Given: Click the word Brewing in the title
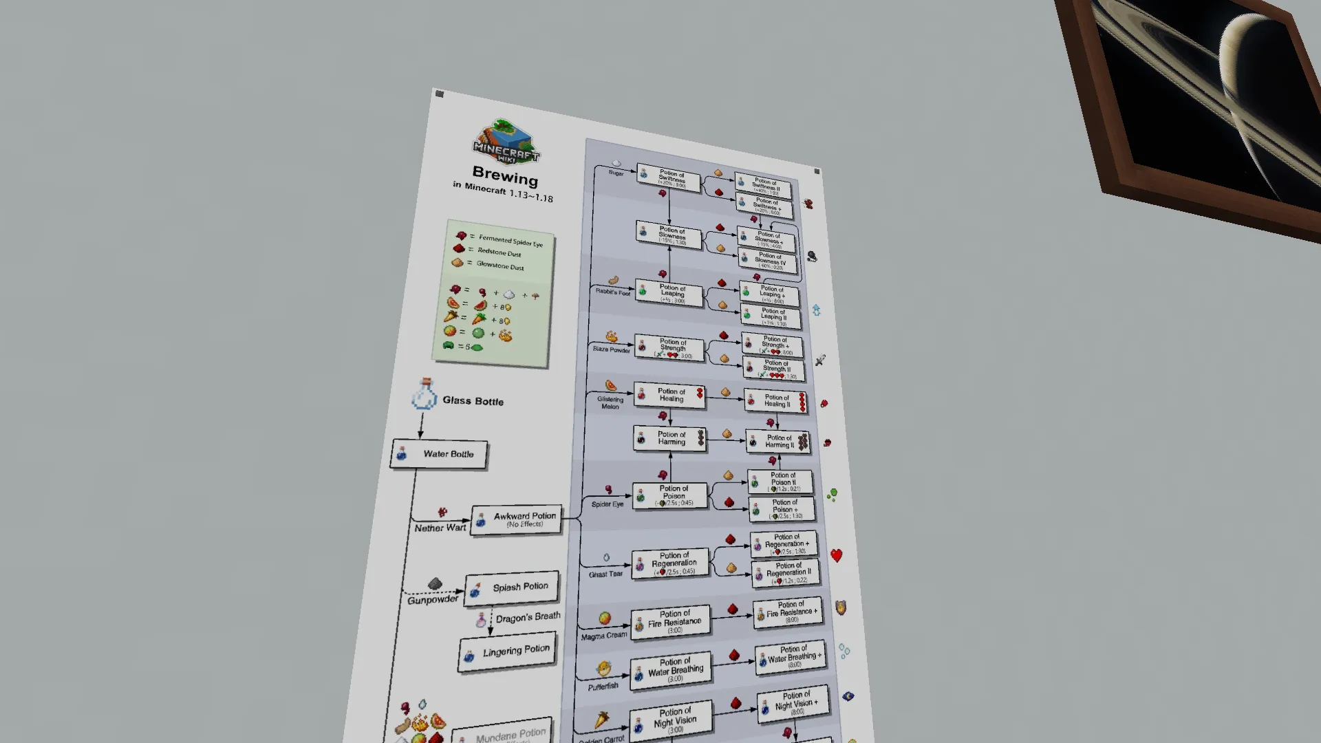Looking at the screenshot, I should [x=505, y=176].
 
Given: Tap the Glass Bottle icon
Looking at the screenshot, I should [x=423, y=395].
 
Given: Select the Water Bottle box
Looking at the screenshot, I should [x=439, y=454].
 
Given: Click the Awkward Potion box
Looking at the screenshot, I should [x=516, y=519].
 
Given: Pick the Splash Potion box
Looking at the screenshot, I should [x=511, y=588].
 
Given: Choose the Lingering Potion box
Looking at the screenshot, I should [x=507, y=652].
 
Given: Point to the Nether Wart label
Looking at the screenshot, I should [x=440, y=528].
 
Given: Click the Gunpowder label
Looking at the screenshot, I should [x=432, y=600].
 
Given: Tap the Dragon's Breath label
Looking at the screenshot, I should [x=528, y=617].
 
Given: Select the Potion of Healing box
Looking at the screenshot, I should [x=669, y=395].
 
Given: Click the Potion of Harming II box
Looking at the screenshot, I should [x=778, y=441].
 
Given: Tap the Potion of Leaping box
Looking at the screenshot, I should [x=669, y=294].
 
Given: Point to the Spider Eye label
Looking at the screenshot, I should [x=607, y=504].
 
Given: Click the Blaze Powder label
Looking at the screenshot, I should [x=611, y=349].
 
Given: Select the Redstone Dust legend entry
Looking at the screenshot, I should [x=498, y=252].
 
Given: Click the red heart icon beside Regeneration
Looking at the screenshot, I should [x=836, y=555].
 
